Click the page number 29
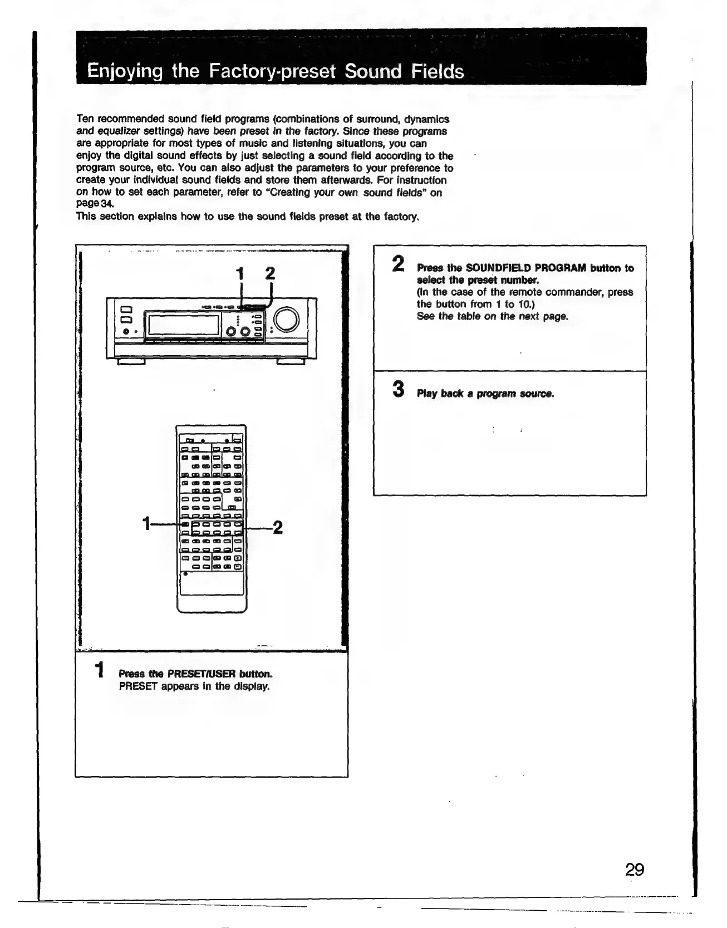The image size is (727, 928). [x=634, y=869]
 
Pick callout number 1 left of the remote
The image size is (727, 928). [x=146, y=524]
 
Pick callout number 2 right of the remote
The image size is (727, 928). [x=278, y=527]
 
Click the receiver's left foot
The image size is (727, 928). [x=131, y=362]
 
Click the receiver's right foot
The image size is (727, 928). [x=291, y=362]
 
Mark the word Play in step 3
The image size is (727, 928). [x=427, y=394]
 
